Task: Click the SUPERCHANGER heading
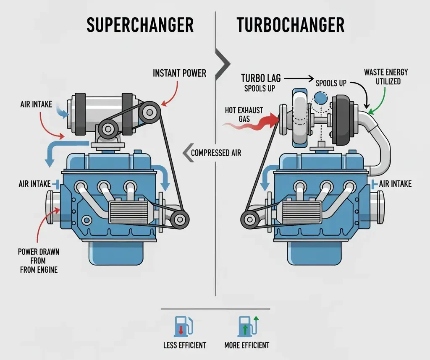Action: click(x=140, y=25)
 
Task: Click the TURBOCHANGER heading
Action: click(x=291, y=25)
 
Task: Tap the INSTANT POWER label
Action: click(x=179, y=73)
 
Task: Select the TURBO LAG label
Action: click(x=261, y=78)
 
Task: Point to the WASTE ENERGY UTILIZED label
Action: click(x=386, y=76)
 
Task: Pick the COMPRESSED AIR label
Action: click(x=216, y=153)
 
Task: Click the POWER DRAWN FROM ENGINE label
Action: click(x=38, y=261)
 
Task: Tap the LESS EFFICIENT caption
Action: click(x=184, y=345)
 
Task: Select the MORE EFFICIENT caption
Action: click(x=247, y=345)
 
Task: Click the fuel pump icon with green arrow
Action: click(x=246, y=326)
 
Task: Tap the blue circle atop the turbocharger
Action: click(x=321, y=99)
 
